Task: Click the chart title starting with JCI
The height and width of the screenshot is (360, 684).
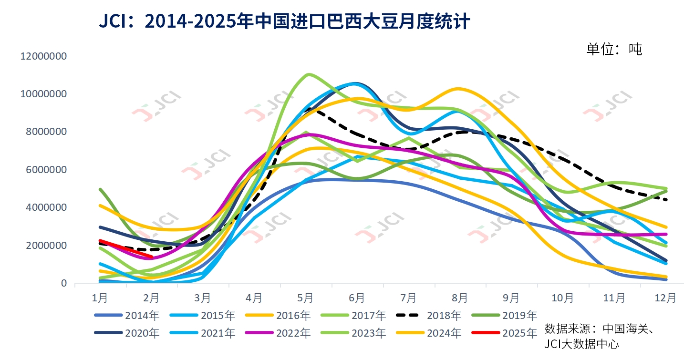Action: [284, 21]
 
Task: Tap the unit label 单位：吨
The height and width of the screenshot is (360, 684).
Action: [614, 49]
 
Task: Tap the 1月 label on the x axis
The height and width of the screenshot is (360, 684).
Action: [99, 298]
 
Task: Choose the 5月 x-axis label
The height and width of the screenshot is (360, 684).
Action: [305, 298]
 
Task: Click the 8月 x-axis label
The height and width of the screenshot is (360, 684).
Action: [460, 298]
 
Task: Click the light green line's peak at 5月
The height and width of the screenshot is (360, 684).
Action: [309, 74]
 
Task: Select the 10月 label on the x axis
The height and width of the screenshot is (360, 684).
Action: [563, 298]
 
